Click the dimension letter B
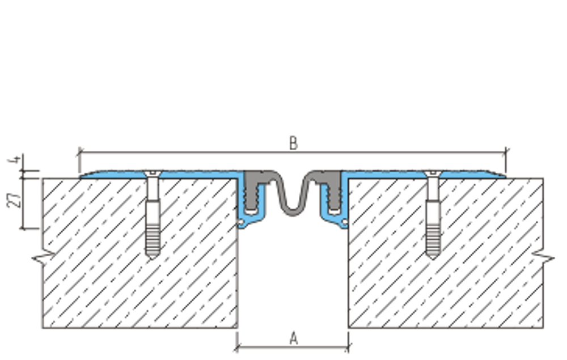coord(293,143)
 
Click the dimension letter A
coord(294,338)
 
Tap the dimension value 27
coord(14,200)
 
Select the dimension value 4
coord(14,159)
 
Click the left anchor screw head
coord(153,173)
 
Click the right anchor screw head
coord(433,173)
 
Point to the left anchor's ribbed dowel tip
coord(153,257)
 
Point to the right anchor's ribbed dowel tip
coord(433,257)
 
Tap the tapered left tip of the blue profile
coord(81,177)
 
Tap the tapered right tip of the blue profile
coord(505,177)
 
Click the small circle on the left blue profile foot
coord(240,222)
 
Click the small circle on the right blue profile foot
coord(345,222)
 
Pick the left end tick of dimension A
coord(237,348)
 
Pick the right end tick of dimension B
coord(506,152)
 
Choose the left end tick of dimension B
coord(79,152)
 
